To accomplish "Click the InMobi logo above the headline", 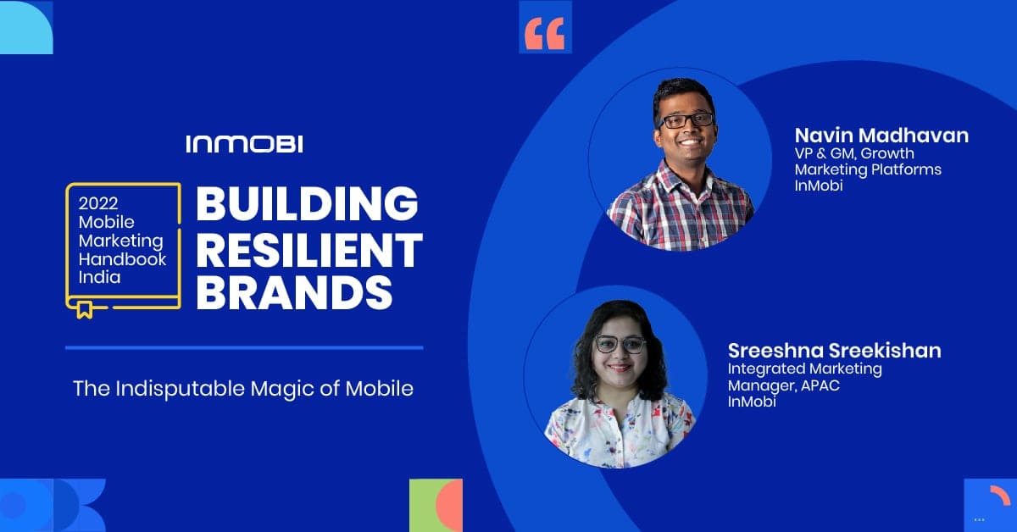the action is coord(244,144).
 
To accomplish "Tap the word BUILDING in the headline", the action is coord(307,203).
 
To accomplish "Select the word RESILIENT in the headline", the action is coord(309,250).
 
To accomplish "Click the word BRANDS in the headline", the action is coord(294,293).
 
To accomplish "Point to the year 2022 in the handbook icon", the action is coord(98,203).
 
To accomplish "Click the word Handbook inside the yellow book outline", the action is coord(122,258).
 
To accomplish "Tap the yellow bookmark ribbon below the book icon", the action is coord(85,309).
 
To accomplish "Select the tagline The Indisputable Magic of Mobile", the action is coord(243,389).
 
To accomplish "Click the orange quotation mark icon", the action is coord(544,33).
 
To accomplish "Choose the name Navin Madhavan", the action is coord(881,136).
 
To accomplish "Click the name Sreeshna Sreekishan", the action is coord(835,351).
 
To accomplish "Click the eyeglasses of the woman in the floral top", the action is coord(620,345).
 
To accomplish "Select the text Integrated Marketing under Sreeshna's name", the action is coord(804,369).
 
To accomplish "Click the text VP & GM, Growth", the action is coord(854,153).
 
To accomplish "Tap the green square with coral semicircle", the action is coord(436,505).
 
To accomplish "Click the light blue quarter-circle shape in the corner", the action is coord(26,27).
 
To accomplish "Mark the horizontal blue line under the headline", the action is coord(244,347).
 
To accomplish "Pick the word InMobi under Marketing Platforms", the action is coord(819,186).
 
